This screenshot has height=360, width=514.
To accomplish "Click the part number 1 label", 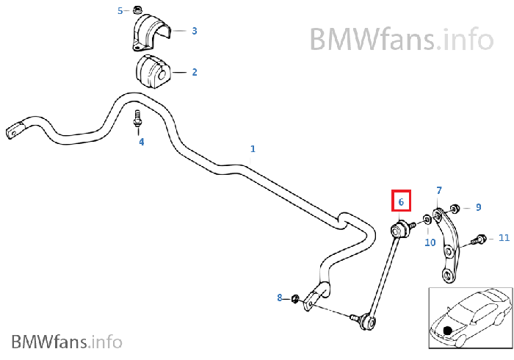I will [x=253, y=148].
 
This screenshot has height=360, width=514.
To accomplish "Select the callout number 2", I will [x=195, y=72].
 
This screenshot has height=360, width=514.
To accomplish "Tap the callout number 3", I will [x=195, y=31].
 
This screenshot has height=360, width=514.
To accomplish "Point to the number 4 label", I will [x=142, y=141].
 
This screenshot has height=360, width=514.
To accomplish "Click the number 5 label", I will [x=121, y=10].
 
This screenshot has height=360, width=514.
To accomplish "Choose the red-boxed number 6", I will [x=401, y=201].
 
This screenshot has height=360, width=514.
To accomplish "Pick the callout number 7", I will [x=439, y=191].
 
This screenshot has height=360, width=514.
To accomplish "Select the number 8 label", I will [x=279, y=298].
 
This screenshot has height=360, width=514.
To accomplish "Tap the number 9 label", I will [x=478, y=207].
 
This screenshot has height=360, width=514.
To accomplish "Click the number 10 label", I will [x=430, y=242].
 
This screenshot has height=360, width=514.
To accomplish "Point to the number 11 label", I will [x=504, y=237].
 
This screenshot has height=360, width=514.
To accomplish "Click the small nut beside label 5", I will [x=137, y=10].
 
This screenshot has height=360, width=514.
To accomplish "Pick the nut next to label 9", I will [x=456, y=207].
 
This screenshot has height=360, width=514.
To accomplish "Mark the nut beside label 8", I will [x=294, y=298].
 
